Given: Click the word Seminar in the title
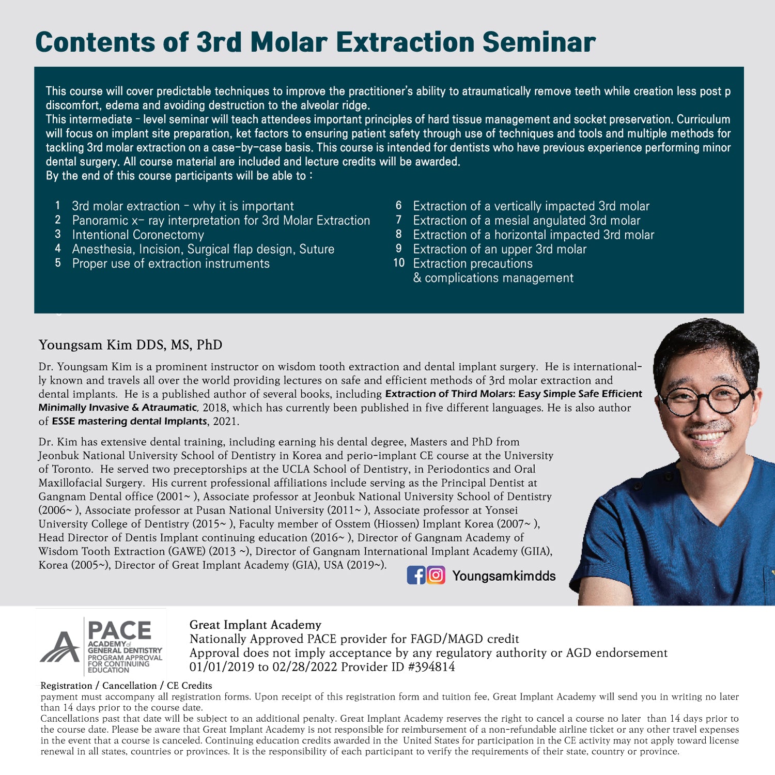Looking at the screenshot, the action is pyautogui.click(x=539, y=42).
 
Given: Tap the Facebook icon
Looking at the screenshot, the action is pyautogui.click(x=416, y=575).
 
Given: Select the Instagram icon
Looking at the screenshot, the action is pyautogui.click(x=436, y=575).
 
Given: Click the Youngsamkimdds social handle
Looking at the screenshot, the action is pyautogui.click(x=504, y=576).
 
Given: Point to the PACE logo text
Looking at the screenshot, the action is pyautogui.click(x=119, y=630).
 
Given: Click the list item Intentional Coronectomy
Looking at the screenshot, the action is pyautogui.click(x=138, y=235).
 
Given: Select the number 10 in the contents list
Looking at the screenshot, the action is pyautogui.click(x=399, y=262).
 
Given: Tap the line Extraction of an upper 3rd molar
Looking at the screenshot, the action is pyautogui.click(x=500, y=249).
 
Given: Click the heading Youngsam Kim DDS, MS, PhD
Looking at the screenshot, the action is pyautogui.click(x=130, y=345).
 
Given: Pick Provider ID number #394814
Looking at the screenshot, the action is pyautogui.click(x=431, y=667).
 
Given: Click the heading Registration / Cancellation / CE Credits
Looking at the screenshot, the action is pyautogui.click(x=126, y=686).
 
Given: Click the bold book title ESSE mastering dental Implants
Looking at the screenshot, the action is pyautogui.click(x=129, y=421).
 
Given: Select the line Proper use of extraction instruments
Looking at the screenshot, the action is pyautogui.click(x=171, y=263).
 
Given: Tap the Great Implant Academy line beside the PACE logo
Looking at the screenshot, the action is pyautogui.click(x=255, y=625).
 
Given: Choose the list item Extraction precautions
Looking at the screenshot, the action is pyautogui.click(x=473, y=263).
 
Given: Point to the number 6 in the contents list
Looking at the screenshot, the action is pyautogui.click(x=398, y=206).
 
